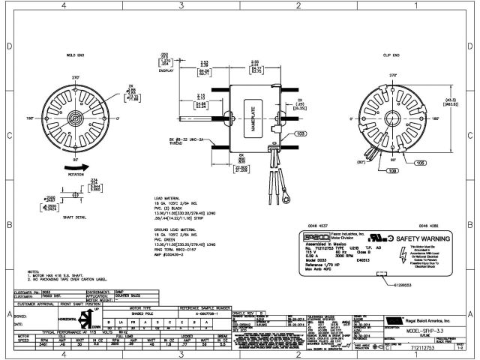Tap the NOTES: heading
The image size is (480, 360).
[33, 271]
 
